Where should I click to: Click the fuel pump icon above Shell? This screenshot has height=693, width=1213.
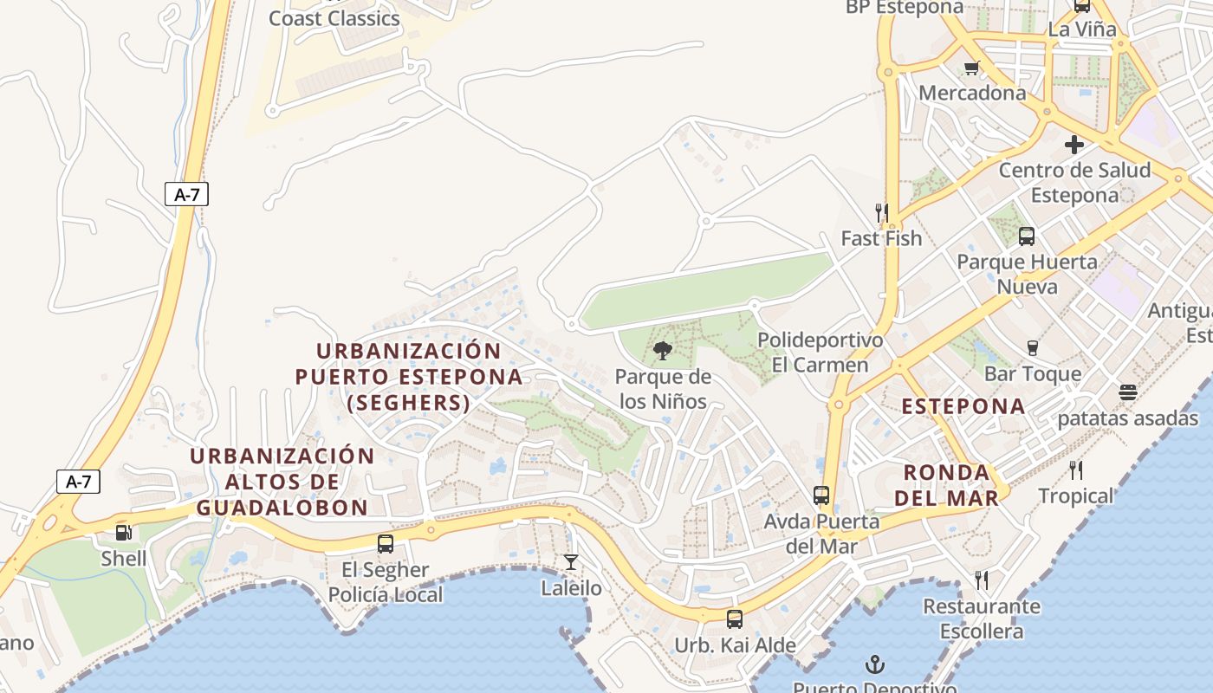[x=124, y=533]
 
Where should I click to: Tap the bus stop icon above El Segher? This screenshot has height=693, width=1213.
[x=386, y=544]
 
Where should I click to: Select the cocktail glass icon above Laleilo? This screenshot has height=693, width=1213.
[x=571, y=562]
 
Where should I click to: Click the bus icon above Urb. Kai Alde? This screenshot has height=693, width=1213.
[x=735, y=619]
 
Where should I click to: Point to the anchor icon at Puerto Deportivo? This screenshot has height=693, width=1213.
[x=875, y=665]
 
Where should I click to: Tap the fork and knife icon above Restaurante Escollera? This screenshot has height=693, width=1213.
[x=982, y=580]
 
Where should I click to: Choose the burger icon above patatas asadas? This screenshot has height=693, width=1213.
[x=1127, y=392]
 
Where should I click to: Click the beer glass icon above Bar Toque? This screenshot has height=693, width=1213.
[x=1032, y=348]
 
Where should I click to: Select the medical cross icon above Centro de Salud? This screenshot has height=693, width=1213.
[x=1074, y=145]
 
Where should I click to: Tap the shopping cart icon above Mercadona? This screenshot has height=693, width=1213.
[x=971, y=68]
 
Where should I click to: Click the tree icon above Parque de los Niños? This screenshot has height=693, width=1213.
[x=663, y=351]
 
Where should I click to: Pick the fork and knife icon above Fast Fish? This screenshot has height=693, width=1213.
[x=882, y=212]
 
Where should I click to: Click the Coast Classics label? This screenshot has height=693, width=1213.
[x=334, y=18]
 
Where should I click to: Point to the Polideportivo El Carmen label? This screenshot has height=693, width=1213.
[x=820, y=352]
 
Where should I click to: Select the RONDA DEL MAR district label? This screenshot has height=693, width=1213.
[x=946, y=485]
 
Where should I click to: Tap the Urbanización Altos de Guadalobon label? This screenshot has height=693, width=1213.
[x=282, y=482]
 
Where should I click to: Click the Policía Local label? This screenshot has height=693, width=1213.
[x=386, y=595]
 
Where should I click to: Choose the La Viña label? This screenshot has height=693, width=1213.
[x=1082, y=29]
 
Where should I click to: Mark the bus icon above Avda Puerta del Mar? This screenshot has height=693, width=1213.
[x=821, y=495]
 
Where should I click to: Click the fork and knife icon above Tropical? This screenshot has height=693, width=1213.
[x=1076, y=470]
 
